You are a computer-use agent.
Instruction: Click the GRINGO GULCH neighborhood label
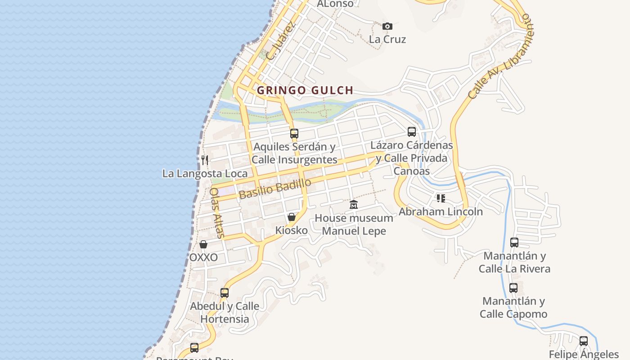tap(305, 90)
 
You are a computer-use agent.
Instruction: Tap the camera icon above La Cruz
tap(387, 27)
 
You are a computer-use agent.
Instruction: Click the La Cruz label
tap(387, 39)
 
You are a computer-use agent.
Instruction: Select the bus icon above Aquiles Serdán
tap(294, 133)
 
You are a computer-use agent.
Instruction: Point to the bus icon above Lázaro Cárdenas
tap(412, 131)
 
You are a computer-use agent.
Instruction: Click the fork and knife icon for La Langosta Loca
tap(205, 160)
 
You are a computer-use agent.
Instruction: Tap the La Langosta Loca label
tap(205, 174)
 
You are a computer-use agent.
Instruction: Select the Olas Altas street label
tap(216, 213)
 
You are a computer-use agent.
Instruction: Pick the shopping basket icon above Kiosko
tap(292, 217)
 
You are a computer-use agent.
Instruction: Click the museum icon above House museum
tap(354, 205)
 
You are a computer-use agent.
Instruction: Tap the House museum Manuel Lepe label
tap(354, 225)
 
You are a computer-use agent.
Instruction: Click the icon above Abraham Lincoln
tap(441, 198)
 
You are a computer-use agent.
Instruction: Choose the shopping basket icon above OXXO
tap(203, 244)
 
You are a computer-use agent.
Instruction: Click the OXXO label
tap(203, 257)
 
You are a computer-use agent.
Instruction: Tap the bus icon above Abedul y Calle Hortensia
tap(225, 292)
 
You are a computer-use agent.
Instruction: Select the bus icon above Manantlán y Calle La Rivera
tap(514, 243)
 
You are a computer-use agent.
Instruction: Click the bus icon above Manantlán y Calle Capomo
tap(513, 288)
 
